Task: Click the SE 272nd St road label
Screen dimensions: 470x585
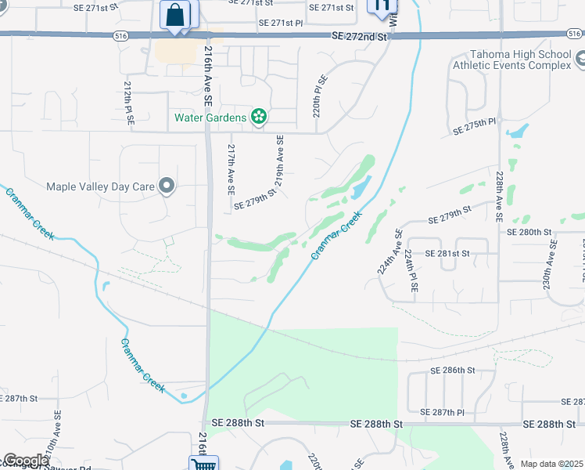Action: point(359,37)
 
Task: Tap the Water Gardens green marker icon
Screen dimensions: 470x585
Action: point(259,117)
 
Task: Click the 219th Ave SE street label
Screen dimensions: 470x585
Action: point(279,159)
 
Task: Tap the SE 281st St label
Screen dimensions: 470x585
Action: point(447,254)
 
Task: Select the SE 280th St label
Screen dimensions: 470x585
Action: point(529,232)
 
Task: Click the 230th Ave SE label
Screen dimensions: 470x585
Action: point(553,261)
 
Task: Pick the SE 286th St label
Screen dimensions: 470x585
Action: point(453,370)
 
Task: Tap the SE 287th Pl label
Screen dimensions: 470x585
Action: point(442,412)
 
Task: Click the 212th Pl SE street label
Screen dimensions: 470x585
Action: point(129,105)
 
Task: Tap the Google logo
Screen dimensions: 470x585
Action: point(26,461)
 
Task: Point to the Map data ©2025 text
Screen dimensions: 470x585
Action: point(552,464)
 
